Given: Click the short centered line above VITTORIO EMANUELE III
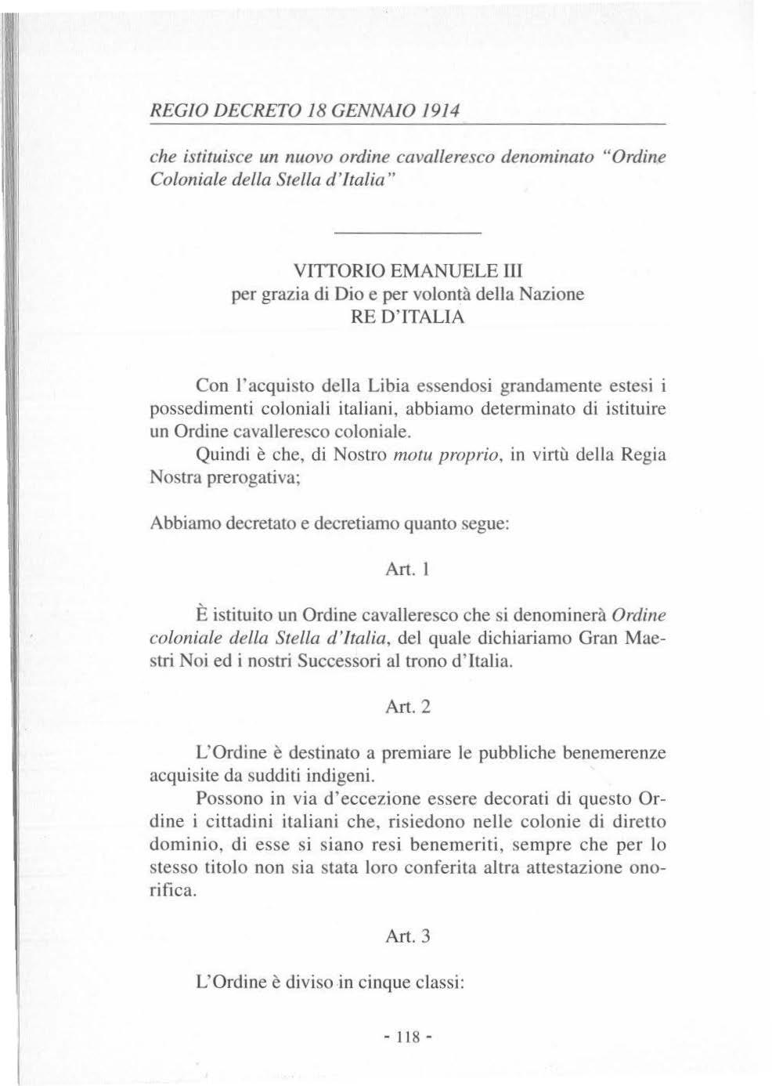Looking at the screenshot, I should [x=407, y=233].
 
